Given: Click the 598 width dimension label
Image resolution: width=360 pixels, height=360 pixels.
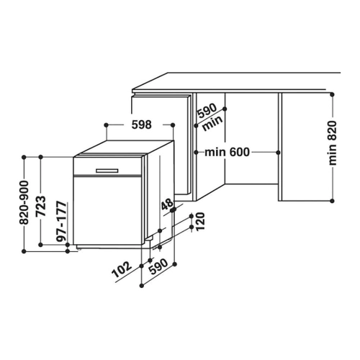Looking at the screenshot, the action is (x=142, y=125).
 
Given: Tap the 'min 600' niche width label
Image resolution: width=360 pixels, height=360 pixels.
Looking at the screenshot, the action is (x=227, y=152).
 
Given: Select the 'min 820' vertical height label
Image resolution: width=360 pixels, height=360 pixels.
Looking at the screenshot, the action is (x=333, y=143).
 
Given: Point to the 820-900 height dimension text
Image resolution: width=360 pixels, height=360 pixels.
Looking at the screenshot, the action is (x=24, y=203).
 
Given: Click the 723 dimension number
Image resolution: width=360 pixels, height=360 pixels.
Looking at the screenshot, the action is (x=40, y=207).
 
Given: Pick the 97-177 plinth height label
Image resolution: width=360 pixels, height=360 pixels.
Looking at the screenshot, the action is (x=61, y=222).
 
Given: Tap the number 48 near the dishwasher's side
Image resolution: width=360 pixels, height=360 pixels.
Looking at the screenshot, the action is (x=167, y=204).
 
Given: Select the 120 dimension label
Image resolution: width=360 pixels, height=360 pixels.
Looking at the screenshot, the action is (x=200, y=221).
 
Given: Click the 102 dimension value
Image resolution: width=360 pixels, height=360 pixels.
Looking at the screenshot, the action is (x=122, y=269).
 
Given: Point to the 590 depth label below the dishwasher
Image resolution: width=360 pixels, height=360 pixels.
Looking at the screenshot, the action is (x=158, y=266).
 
